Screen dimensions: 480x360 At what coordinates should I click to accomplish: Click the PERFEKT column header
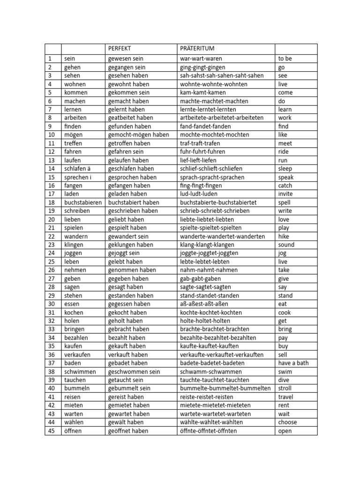pos(120,49)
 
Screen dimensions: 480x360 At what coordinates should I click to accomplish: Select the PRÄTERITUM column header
pos(197,49)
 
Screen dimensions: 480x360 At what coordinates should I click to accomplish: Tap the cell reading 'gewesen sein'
pos(126,59)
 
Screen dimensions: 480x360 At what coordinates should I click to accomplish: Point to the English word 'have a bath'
pos(293,363)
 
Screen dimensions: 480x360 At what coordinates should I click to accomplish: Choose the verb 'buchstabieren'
pos(82,202)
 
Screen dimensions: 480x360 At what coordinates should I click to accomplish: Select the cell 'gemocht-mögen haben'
pos(138,135)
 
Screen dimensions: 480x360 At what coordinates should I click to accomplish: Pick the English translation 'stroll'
pos(285,388)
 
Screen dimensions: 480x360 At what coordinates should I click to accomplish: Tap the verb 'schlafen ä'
pos(78,169)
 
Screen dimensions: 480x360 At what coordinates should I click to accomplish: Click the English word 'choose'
pos(288,422)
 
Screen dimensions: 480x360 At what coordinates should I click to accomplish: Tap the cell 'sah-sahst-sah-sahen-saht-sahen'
pos(222,75)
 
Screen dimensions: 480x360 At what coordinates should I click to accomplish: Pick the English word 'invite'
pos(285,194)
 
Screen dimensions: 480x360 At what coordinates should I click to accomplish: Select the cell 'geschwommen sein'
pos(134,372)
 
